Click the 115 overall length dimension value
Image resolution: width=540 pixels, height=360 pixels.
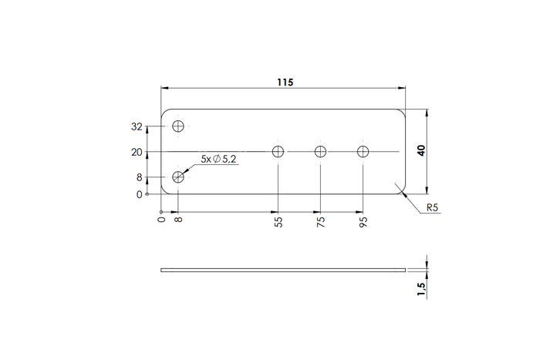click(283, 81)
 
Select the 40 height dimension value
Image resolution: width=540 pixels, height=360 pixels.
click(421, 150)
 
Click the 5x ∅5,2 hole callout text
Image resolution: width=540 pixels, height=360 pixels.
click(218, 159)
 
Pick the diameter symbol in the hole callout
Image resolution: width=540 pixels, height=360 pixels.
click(217, 159)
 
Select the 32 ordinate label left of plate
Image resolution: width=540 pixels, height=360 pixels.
click(137, 126)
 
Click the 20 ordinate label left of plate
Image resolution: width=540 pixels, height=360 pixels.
click(137, 152)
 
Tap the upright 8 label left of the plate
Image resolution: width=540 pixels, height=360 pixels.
click(139, 177)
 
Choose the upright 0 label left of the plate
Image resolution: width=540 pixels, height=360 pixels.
click(139, 194)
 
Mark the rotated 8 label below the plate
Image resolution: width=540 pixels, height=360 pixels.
click(179, 220)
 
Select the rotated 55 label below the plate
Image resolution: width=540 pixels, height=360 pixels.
click(278, 222)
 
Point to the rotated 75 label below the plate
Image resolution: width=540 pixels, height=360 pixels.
click(321, 222)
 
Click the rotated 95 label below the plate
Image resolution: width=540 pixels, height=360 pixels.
click(363, 222)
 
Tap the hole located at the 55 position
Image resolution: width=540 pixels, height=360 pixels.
click(278, 152)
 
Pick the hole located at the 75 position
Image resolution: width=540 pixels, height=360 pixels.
click(321, 152)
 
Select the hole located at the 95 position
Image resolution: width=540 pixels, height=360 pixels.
click(363, 152)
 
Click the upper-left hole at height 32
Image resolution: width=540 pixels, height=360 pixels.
click(179, 126)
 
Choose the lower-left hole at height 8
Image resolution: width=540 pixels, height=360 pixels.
click(179, 177)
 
